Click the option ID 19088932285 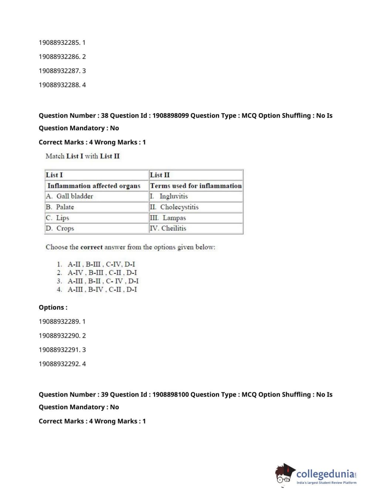click(59, 43)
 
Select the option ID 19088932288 click(59, 85)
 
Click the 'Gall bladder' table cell click(74, 196)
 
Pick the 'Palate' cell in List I click(65, 207)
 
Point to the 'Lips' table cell click(62, 218)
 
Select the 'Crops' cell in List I click(65, 228)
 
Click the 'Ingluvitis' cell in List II click(173, 196)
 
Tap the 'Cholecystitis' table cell click(179, 207)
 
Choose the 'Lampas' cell click(174, 218)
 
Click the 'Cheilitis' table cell click(174, 228)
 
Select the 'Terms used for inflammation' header click(196, 185)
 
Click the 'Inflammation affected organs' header click(94, 185)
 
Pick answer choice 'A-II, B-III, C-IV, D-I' click(101, 264)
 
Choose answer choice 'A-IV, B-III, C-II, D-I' click(102, 272)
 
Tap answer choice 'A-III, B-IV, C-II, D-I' click(102, 290)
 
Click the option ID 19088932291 click(59, 350)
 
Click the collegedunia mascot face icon click(284, 474)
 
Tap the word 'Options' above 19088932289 click(52, 308)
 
